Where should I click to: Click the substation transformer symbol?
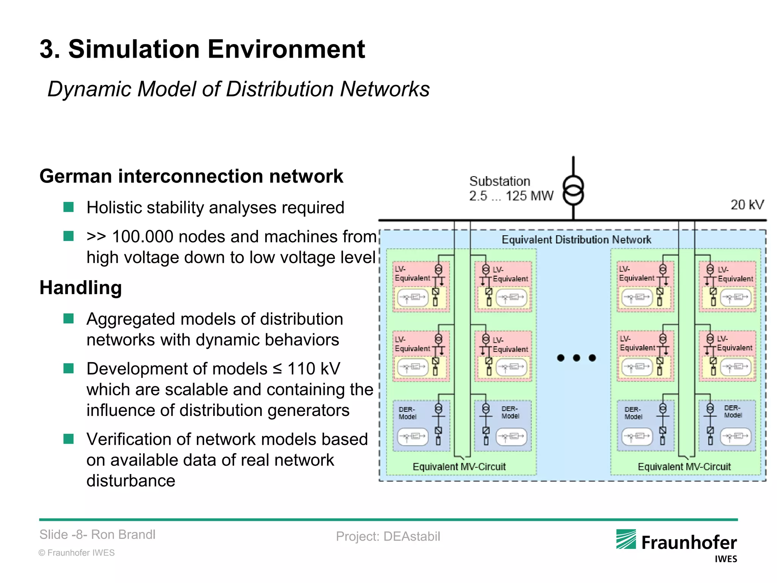573,190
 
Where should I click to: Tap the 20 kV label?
747,205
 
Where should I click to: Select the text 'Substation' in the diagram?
499,181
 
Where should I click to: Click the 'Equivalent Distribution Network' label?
576,240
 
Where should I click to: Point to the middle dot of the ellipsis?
576,358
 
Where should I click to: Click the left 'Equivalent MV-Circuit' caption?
459,466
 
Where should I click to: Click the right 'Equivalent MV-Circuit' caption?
684,466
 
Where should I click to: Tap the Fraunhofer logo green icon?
626,539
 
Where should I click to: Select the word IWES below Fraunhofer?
725,559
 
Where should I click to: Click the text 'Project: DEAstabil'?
388,536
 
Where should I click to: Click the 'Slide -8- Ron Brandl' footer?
98,534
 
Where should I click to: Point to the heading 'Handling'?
80,287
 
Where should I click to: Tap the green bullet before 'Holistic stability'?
68,207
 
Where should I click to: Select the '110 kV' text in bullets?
313,369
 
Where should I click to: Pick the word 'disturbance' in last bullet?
131,481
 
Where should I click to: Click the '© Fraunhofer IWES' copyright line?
77,553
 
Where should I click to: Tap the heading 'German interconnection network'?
191,176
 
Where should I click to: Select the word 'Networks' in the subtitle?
385,89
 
